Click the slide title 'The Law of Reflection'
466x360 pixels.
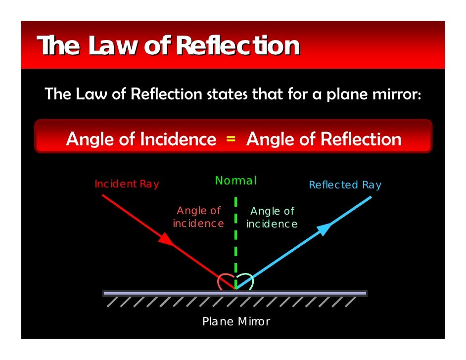click(x=169, y=46)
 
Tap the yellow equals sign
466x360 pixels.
click(x=231, y=139)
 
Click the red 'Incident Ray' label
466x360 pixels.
click(x=127, y=184)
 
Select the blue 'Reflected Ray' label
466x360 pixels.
click(x=345, y=185)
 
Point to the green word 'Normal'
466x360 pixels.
click(x=236, y=181)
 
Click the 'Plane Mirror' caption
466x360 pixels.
click(x=236, y=321)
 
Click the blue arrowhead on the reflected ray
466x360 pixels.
click(x=323, y=229)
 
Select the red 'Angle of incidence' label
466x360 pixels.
click(x=198, y=217)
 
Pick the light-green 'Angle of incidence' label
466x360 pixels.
click(x=272, y=218)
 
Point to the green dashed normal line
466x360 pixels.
click(x=236, y=237)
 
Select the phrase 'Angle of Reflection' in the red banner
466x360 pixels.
click(x=324, y=139)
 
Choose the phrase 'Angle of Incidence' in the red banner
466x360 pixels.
click(x=141, y=139)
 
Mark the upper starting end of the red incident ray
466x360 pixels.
click(x=103, y=196)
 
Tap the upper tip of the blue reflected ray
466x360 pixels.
click(x=370, y=197)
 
